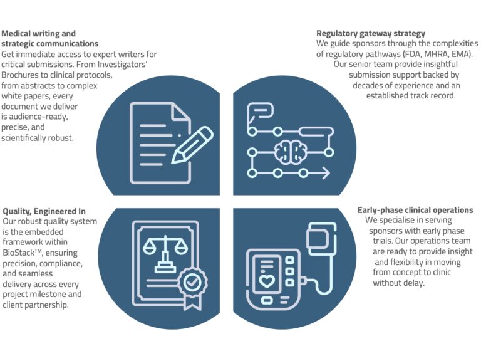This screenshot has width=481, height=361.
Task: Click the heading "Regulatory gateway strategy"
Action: tap(371, 33)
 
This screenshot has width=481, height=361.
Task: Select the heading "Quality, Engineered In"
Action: tap(44, 211)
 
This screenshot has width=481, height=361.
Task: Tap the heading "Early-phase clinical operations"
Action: tap(415, 210)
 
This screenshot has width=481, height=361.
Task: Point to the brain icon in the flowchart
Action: tap(290, 152)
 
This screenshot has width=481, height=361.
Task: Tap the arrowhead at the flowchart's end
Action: tap(326, 174)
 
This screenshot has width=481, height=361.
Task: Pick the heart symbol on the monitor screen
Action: tap(267, 281)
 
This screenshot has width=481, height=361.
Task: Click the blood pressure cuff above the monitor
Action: tap(321, 239)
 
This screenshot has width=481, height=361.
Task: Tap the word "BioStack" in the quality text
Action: tap(18, 253)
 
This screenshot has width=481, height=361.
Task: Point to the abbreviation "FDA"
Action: tap(412, 54)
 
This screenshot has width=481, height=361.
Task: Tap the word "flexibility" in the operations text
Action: tap(409, 262)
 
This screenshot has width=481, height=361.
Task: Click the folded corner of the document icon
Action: tap(181, 112)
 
